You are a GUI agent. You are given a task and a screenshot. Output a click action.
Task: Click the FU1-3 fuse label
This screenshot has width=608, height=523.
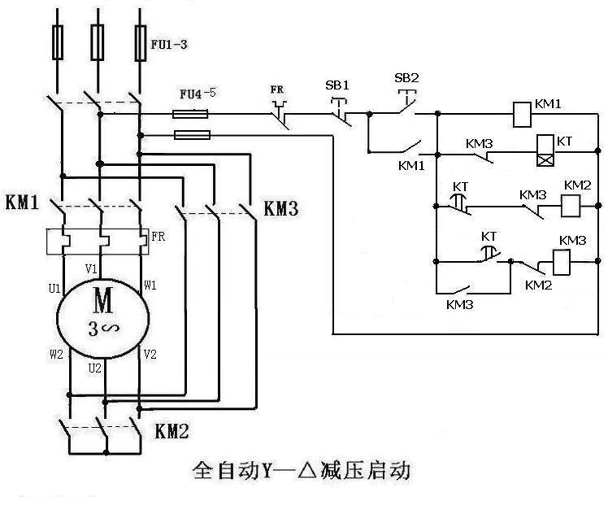tap(169, 44)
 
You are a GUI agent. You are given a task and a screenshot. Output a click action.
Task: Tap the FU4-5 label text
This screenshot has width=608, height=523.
tap(197, 94)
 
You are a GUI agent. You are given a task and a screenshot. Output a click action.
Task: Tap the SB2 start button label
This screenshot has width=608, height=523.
tap(406, 78)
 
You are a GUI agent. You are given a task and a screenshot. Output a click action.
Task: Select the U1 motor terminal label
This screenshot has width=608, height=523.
tap(54, 287)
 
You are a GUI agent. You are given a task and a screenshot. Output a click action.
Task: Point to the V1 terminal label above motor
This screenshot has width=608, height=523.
tap(92, 268)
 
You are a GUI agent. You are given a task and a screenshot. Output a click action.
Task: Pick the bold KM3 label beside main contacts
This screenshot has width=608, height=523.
tap(281, 208)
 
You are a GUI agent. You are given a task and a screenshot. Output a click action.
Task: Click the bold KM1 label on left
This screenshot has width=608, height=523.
tap(22, 201)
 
